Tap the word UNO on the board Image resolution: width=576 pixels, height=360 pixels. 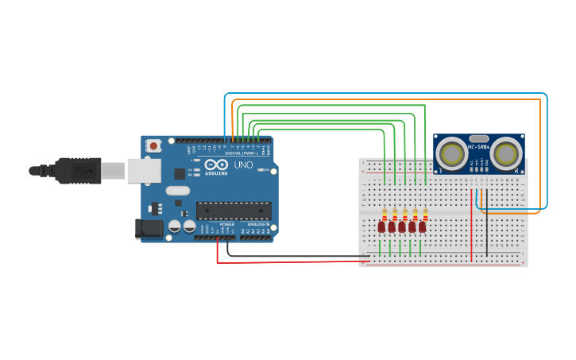point(242,165)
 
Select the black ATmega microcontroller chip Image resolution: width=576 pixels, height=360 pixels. point(234,211)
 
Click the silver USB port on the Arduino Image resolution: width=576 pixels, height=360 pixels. point(144,171)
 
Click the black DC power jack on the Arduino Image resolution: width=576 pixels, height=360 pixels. point(149,229)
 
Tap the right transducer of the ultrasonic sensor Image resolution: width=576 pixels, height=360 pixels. point(505,154)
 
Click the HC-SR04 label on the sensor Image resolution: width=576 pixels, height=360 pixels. point(479,147)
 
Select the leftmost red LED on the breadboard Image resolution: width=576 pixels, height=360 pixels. point(381,227)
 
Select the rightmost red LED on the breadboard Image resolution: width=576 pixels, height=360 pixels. point(422,227)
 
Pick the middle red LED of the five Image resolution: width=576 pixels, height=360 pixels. point(402,227)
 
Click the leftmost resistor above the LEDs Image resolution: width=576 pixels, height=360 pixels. point(385,215)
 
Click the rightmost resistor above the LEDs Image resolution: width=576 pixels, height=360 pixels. point(426,215)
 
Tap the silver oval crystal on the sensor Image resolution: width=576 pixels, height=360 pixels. point(479,138)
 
